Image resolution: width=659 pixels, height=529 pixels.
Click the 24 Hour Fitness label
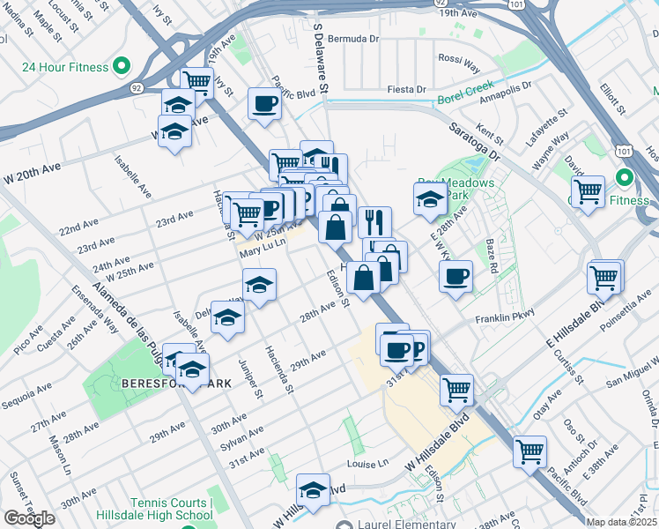tap(65, 67)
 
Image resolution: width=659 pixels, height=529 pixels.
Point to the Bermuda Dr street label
tap(352, 40)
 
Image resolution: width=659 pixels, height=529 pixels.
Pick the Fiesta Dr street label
tap(407, 90)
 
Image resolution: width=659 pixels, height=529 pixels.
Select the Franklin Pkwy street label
tap(505, 318)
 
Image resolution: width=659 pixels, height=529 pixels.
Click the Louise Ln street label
tap(368, 463)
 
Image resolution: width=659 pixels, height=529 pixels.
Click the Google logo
tap(29, 518)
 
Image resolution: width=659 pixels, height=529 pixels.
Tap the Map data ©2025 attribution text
tap(622, 522)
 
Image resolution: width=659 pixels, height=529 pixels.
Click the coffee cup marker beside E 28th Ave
tap(455, 277)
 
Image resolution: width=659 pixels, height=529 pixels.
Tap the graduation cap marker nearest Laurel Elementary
tap(312, 489)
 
